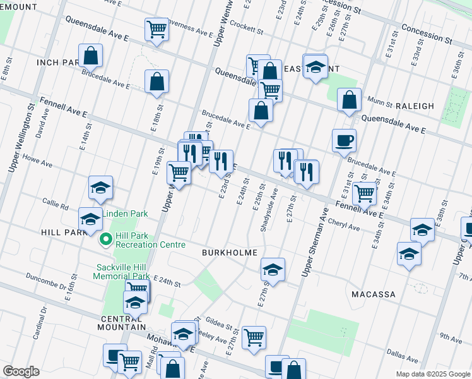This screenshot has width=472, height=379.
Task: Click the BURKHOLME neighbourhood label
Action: (x=229, y=253)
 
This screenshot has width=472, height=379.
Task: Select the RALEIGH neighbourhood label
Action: (x=415, y=106)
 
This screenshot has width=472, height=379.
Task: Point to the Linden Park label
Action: (x=126, y=214)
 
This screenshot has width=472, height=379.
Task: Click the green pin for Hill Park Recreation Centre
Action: (x=105, y=239)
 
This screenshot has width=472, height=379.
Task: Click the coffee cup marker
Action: (x=344, y=140)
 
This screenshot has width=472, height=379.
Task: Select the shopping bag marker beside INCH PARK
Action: (x=90, y=56)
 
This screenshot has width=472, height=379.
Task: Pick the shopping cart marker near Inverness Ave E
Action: (x=156, y=29)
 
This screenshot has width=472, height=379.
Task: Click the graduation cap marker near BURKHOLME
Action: (x=273, y=269)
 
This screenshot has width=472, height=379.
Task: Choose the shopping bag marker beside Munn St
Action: (x=349, y=99)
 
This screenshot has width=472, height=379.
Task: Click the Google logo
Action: (x=21, y=371)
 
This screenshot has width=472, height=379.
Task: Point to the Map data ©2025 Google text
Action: (x=432, y=374)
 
